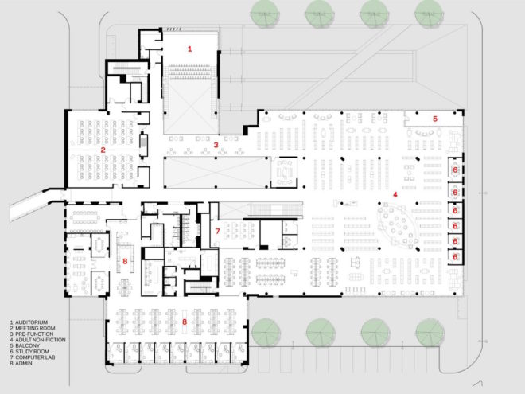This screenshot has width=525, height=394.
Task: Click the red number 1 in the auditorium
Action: pos(190,49)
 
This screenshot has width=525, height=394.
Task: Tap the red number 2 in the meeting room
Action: pos(103,150)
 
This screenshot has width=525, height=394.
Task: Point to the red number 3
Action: pos(216,145)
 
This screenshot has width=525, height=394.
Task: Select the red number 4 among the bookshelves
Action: pos(395,195)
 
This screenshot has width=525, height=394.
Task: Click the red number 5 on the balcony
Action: pos(435,119)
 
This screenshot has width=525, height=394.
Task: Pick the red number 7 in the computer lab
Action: pos(218,231)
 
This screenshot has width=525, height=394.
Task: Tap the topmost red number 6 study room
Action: pos(455,170)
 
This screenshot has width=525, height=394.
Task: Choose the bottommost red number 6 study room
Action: pos(455,257)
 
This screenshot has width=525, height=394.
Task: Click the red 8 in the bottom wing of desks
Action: pos(185,322)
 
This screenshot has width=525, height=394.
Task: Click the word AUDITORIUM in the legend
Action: pos(32,322)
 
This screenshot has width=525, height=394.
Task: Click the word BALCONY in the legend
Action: pos(28,345)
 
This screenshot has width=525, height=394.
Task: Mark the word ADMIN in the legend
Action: pos(24,363)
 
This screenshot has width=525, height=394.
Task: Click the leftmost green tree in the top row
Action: pos(265,14)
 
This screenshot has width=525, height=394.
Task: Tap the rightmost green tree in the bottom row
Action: pos(430,333)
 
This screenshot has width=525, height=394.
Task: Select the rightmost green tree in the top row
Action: pos(430,14)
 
